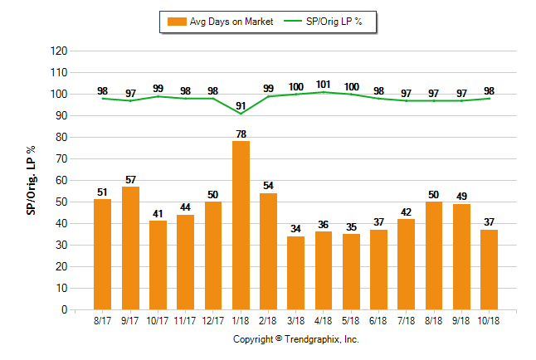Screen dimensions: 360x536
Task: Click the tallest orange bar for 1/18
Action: [241, 226]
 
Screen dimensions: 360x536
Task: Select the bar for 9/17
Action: [130, 248]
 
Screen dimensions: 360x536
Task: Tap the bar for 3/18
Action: [295, 273]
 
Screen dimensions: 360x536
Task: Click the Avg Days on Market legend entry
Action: [218, 22]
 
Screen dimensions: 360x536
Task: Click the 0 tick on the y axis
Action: [63, 310]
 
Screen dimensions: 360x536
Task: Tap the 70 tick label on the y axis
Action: [61, 158]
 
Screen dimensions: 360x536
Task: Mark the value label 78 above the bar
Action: [241, 134]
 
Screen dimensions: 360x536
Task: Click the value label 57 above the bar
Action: [130, 179]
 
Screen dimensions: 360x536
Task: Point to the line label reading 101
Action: [324, 85]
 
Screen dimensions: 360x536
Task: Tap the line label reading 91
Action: [241, 105]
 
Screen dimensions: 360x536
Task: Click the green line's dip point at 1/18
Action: [241, 114]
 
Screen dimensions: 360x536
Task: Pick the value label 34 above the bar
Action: [295, 229]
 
